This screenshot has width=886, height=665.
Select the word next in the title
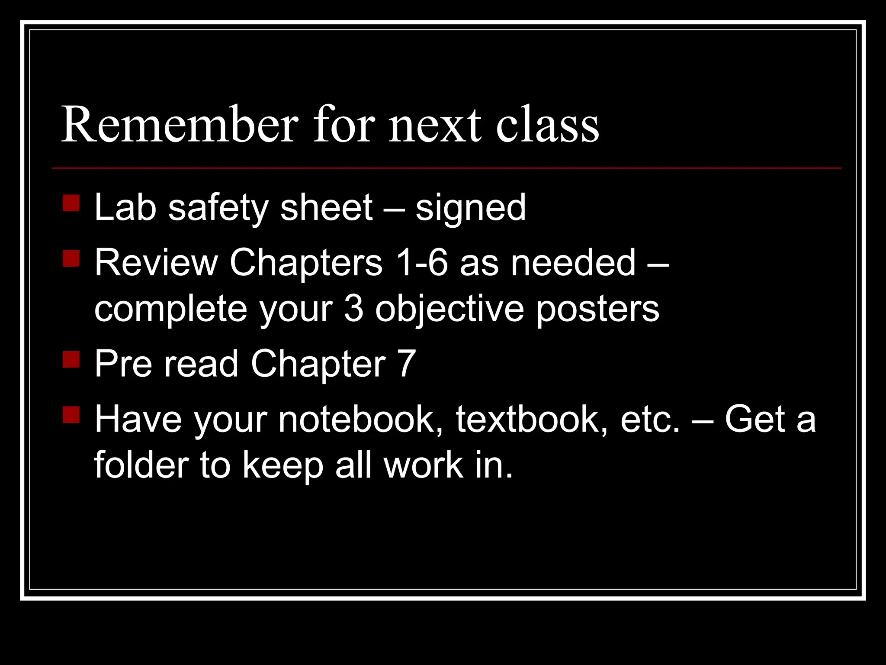[x=435, y=126]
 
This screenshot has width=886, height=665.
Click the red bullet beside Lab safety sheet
[x=71, y=203]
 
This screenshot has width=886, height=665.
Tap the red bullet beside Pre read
[x=71, y=359]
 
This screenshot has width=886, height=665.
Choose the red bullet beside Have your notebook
[x=71, y=414]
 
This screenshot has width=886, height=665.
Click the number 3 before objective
[x=354, y=309]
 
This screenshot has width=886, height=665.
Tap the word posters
[x=597, y=310]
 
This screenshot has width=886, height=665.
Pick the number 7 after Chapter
[x=406, y=364]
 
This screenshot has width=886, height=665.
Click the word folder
[x=141, y=465]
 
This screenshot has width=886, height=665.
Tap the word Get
[x=754, y=419]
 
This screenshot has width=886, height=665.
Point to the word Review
[x=156, y=263]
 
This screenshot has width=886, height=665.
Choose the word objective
[x=449, y=310]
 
